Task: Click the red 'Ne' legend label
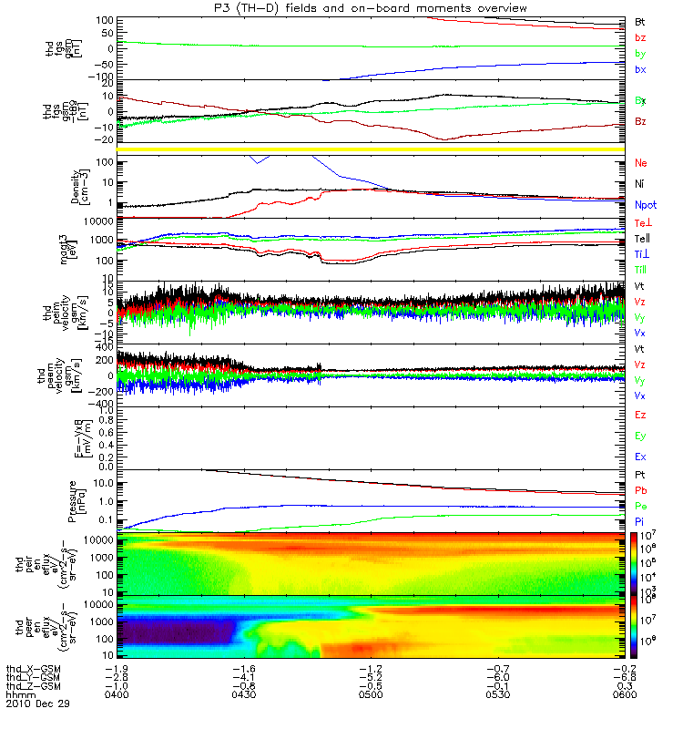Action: click(641, 162)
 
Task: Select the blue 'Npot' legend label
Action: click(645, 206)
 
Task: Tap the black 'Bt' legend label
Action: click(640, 21)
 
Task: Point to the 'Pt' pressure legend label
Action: click(640, 476)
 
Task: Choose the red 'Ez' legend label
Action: click(640, 415)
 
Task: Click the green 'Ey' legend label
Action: click(640, 436)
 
